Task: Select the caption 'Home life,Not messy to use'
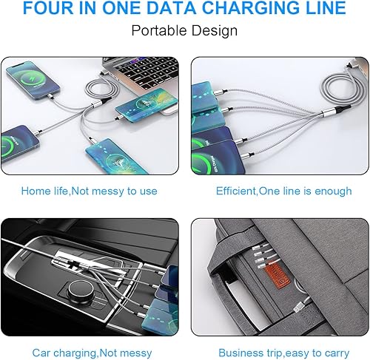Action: (90, 191)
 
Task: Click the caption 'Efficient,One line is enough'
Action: (284, 191)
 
